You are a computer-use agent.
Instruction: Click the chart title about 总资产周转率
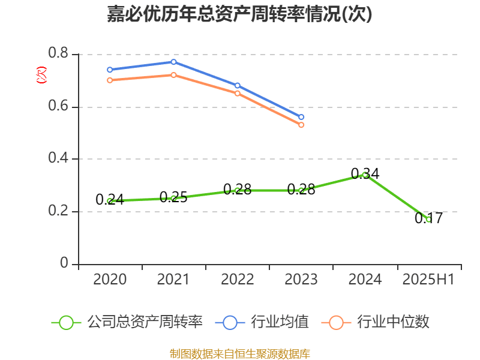pos(239,14)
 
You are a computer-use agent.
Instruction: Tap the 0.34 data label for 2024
pos(365,174)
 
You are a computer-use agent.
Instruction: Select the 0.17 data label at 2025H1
pos(428,218)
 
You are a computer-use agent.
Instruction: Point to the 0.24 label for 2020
pos(110,200)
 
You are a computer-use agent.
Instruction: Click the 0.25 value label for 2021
pos(173,197)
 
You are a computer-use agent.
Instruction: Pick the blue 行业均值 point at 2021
pos(173,62)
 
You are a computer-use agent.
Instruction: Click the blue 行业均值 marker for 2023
pos(301,117)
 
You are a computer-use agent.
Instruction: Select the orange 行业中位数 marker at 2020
pos(110,80)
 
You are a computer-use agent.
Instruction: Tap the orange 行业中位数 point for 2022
pos(238,93)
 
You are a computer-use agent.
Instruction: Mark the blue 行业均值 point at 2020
pos(110,70)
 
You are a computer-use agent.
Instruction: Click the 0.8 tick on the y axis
pos(58,55)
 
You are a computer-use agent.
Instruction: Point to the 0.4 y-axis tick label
pos(58,159)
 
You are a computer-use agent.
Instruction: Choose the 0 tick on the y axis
pos(65,264)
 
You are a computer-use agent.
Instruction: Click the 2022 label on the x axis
pos(238,280)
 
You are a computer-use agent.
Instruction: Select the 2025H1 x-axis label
pos(428,280)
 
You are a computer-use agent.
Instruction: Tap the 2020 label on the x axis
pos(110,280)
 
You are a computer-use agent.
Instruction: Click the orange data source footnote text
pos(239,353)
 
